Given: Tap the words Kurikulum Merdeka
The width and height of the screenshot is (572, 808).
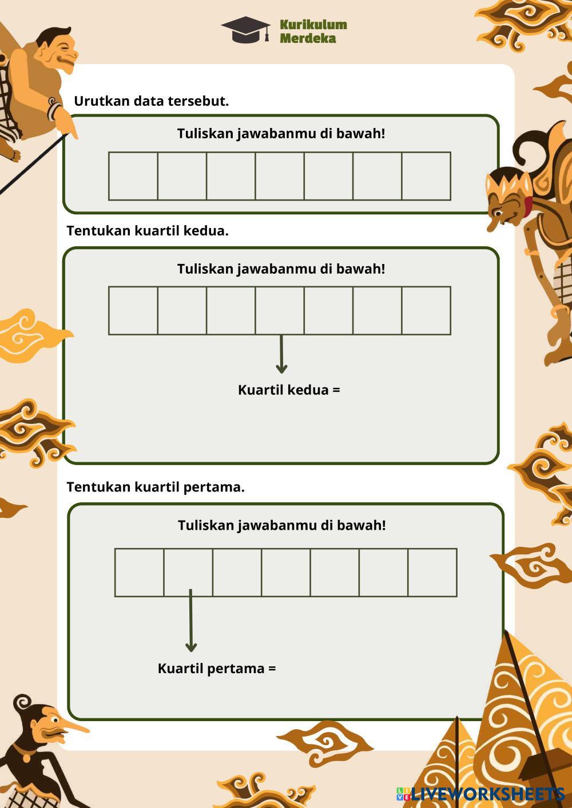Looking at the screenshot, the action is pyautogui.click(x=313, y=31).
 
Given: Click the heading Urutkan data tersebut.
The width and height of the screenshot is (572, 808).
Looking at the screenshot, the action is pyautogui.click(x=151, y=101).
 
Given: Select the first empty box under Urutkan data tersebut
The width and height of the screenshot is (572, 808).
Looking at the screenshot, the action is pyautogui.click(x=133, y=176).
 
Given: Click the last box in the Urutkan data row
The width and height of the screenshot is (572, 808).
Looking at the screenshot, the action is pyautogui.click(x=426, y=176).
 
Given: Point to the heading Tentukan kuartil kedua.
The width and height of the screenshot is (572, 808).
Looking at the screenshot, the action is pyautogui.click(x=148, y=231).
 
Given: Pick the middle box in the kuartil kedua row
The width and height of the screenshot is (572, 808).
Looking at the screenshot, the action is pyautogui.click(x=280, y=311).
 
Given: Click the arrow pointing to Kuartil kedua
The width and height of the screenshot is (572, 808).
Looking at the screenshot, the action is pyautogui.click(x=281, y=354).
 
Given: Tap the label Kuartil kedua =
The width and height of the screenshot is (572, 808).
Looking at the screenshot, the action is pyautogui.click(x=289, y=390).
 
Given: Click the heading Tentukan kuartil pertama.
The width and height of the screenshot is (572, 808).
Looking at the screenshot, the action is pyautogui.click(x=156, y=487).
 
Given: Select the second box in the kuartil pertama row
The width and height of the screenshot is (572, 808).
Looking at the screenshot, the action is pyautogui.click(x=188, y=573).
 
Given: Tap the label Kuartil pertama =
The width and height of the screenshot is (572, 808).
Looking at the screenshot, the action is pyautogui.click(x=217, y=669).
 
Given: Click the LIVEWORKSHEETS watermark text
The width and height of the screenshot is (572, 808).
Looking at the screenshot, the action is pyautogui.click(x=487, y=794).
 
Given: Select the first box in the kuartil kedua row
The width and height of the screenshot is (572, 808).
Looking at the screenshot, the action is pyautogui.click(x=133, y=311).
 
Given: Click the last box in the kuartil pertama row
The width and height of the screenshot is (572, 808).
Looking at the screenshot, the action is pyautogui.click(x=432, y=573).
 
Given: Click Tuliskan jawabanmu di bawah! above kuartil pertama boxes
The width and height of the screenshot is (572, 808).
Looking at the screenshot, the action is pyautogui.click(x=281, y=526).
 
